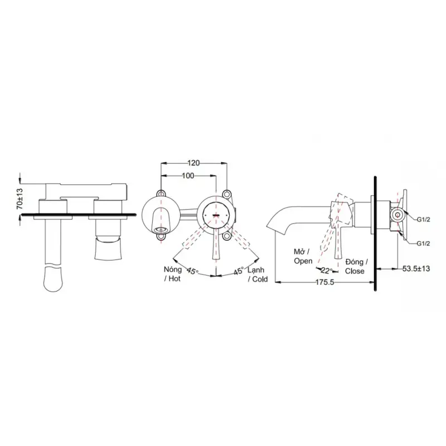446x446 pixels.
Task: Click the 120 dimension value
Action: [193, 163]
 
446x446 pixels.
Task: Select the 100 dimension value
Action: [188, 176]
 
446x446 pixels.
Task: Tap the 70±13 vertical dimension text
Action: [20, 198]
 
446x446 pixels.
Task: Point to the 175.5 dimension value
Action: [324, 283]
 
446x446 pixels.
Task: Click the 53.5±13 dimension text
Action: [416, 269]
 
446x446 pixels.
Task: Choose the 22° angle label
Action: [327, 270]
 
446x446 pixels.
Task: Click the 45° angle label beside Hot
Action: [192, 271]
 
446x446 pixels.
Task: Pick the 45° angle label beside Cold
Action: [239, 271]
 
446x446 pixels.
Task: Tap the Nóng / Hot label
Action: [173, 274]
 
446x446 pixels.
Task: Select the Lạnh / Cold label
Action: [258, 274]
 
